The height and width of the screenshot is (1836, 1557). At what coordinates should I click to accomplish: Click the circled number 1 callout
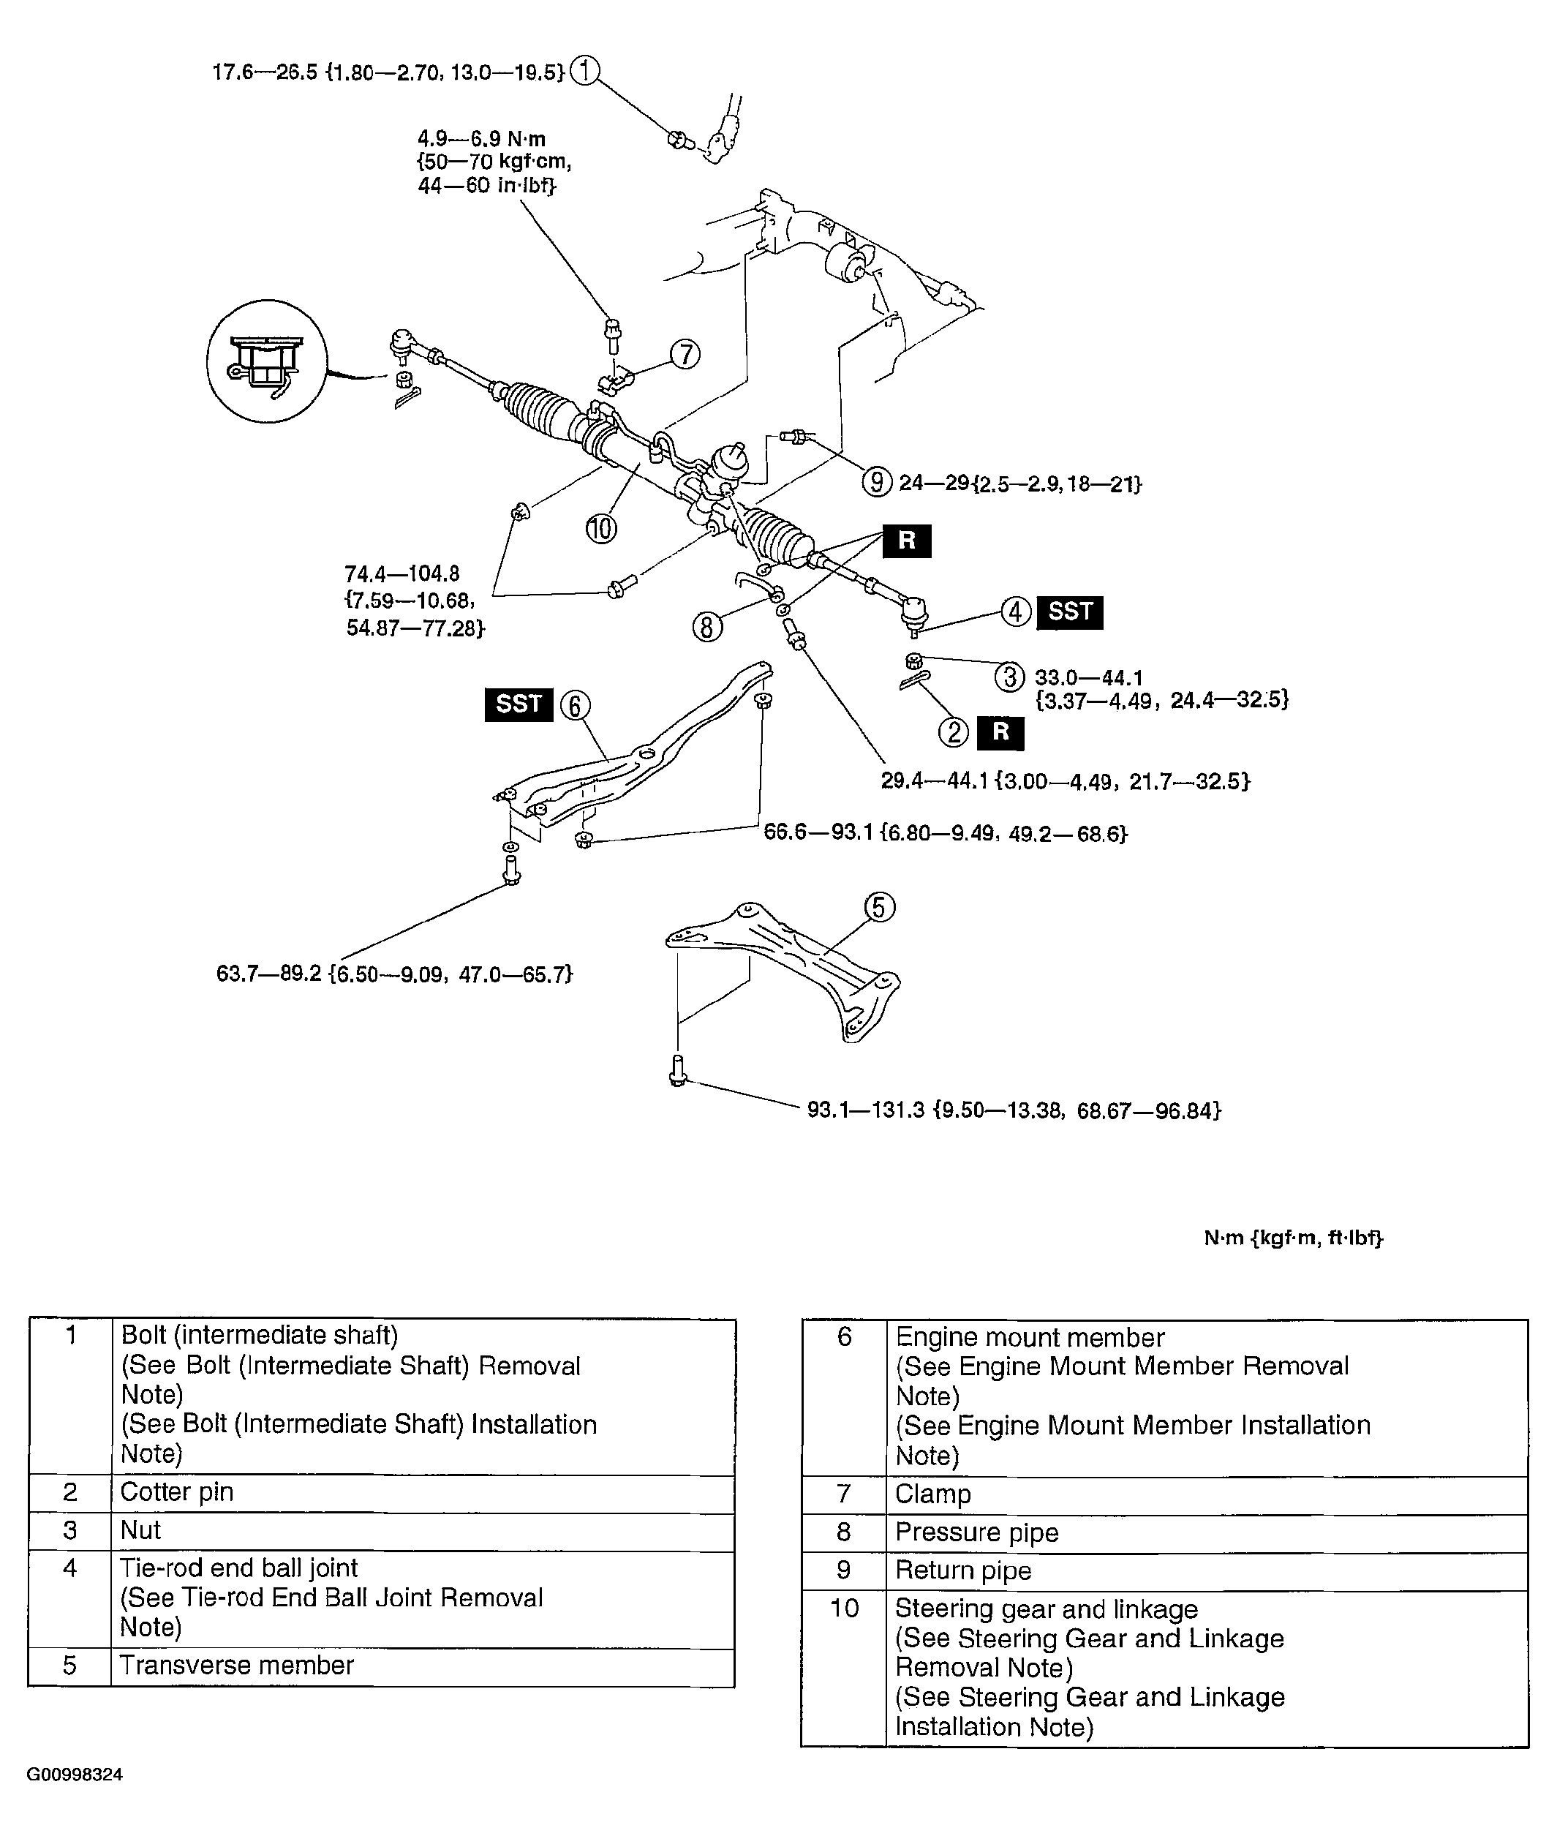tap(584, 71)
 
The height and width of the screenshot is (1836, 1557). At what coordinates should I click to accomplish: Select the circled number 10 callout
tap(601, 529)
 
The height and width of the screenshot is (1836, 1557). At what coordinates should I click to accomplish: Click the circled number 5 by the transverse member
tap(879, 908)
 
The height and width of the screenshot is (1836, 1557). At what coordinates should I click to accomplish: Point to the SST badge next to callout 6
tap(518, 704)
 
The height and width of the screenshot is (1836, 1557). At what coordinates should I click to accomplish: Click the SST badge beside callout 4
tap(1070, 612)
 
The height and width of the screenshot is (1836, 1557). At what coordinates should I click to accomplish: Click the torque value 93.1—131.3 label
tap(1014, 1110)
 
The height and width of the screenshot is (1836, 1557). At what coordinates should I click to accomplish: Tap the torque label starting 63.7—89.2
tap(394, 974)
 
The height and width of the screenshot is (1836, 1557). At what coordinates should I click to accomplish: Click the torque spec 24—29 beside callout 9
tap(1019, 484)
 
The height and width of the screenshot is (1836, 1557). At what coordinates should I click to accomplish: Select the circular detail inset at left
tap(266, 361)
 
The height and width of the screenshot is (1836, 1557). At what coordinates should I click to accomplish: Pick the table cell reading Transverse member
tap(236, 1666)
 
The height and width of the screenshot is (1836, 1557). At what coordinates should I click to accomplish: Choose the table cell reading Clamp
tap(933, 1494)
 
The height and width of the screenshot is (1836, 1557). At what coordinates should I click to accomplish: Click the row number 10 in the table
tap(844, 1609)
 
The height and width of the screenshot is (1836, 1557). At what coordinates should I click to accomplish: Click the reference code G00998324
tap(75, 1775)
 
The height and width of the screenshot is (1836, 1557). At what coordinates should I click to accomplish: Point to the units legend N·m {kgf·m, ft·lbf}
tap(1293, 1238)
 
